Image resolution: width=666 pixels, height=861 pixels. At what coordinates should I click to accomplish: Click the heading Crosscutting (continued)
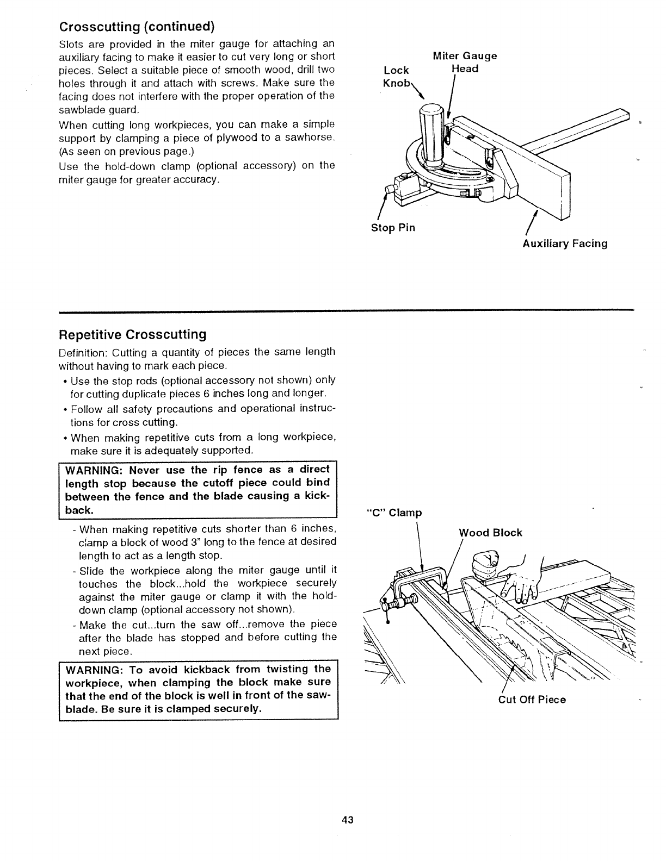[x=137, y=27]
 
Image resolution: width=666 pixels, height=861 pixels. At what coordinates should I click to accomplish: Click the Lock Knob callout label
[x=396, y=77]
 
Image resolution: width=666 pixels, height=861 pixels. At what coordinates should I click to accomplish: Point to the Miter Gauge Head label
[x=465, y=62]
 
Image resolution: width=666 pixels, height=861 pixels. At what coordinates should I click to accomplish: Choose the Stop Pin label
[x=393, y=228]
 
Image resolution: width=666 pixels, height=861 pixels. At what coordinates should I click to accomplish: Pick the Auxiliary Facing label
[x=565, y=244]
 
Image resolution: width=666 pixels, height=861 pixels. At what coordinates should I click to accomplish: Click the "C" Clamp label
[x=395, y=513]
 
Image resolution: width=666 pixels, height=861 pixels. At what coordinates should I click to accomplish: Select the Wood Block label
[x=491, y=533]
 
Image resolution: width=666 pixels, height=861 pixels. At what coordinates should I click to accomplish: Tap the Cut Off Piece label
[x=532, y=700]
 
